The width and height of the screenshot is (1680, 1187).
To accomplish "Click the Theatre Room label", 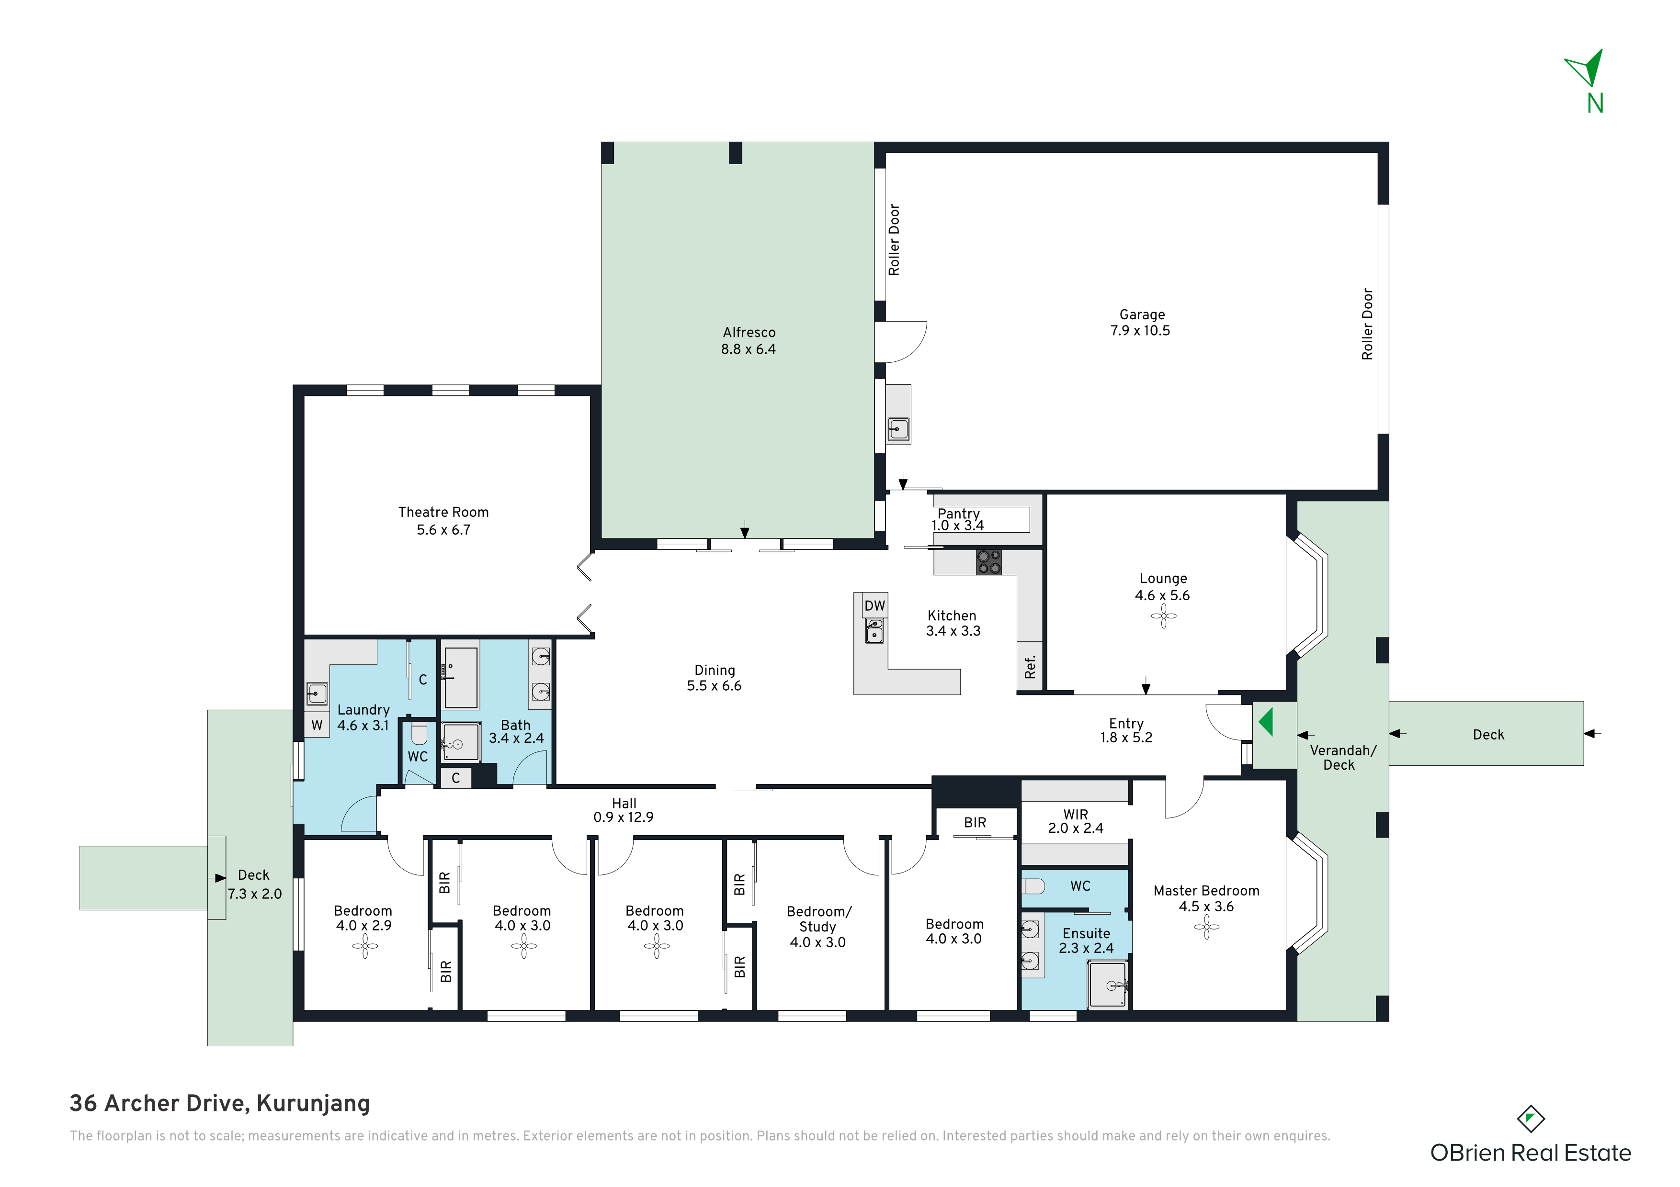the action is (443, 512).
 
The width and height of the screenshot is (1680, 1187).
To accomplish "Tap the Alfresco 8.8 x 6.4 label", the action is (749, 341).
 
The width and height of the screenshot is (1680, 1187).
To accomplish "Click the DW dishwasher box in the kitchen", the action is (874, 605).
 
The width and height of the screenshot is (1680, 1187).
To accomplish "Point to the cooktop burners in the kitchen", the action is (989, 562).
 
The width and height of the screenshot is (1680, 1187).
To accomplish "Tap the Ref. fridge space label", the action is (1030, 666).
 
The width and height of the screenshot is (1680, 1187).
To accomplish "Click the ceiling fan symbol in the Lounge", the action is (1163, 616).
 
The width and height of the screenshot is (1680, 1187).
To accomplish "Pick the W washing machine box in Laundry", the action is (317, 725).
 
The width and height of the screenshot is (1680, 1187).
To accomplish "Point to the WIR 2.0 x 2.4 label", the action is (1076, 821).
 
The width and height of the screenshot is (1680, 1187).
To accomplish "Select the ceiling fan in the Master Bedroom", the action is (1206, 928).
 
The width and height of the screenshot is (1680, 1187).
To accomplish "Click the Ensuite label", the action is (1087, 933).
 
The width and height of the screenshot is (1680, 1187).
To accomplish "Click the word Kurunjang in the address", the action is (313, 1103).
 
